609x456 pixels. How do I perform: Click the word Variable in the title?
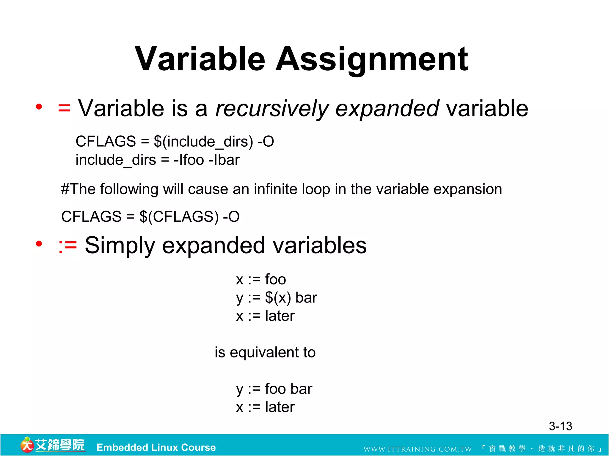[200, 59]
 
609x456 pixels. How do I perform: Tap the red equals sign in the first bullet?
[64, 108]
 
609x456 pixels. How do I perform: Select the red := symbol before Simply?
[68, 246]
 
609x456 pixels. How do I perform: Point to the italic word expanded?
[387, 109]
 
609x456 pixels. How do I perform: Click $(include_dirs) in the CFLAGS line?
[203, 141]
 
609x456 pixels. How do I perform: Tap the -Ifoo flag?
[189, 160]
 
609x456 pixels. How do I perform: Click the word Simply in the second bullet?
[120, 246]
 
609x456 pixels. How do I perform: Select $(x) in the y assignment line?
[278, 298]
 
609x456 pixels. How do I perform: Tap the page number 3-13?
[560, 426]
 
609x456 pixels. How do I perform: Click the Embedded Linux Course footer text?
[156, 447]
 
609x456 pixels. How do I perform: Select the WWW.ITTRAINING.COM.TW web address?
[417, 449]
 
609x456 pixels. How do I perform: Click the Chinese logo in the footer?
[53, 445]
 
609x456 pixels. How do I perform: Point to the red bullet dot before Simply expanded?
[39, 244]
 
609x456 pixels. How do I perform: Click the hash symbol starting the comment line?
[65, 189]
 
